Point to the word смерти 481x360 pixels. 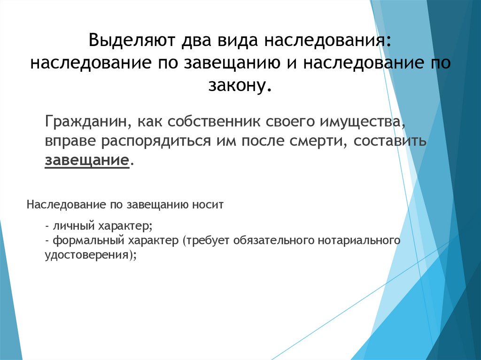[316, 141]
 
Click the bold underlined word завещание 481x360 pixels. [87, 161]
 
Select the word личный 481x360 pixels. [74, 226]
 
